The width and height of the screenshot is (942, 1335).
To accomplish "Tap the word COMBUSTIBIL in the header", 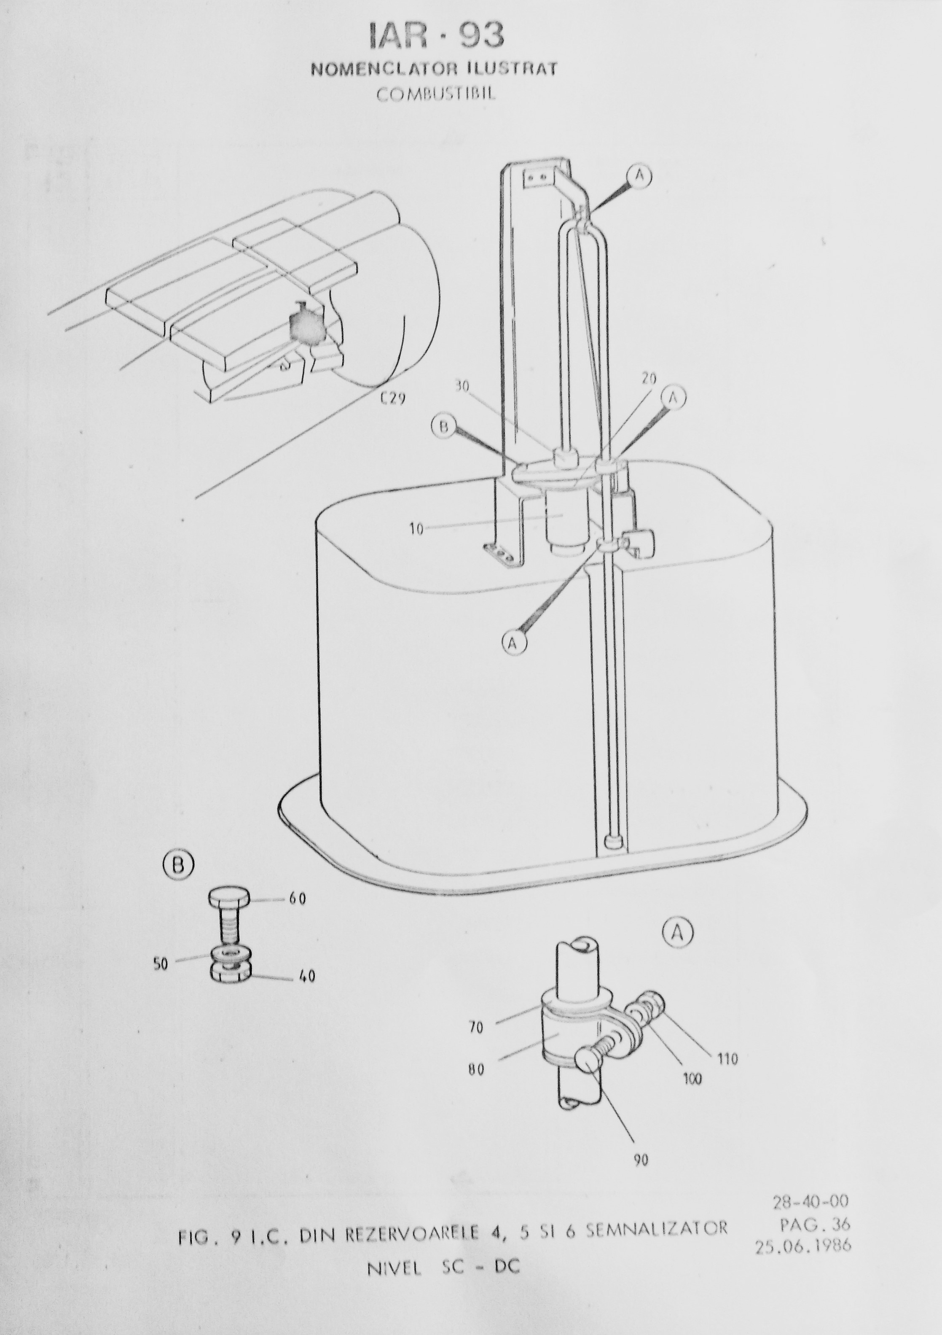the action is click(x=436, y=94).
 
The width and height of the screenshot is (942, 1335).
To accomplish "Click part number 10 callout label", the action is click(x=416, y=530).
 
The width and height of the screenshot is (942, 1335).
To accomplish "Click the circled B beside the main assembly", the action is click(x=443, y=427).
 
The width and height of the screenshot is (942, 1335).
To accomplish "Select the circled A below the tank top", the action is click(x=513, y=643).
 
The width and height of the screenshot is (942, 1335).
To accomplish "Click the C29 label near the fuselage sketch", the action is click(x=393, y=399).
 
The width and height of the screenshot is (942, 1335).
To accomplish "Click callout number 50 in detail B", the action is click(x=161, y=964).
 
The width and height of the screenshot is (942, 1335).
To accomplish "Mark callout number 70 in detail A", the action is click(x=475, y=1028).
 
